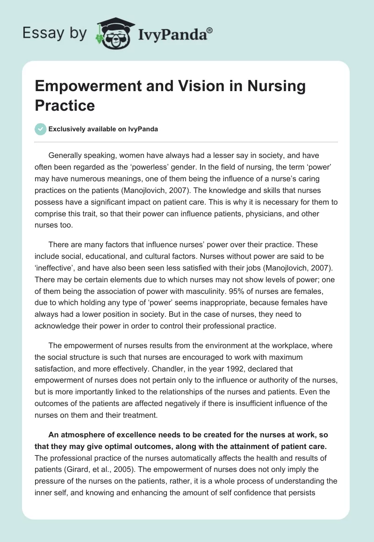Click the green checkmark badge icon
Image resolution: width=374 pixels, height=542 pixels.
[x=41, y=129]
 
